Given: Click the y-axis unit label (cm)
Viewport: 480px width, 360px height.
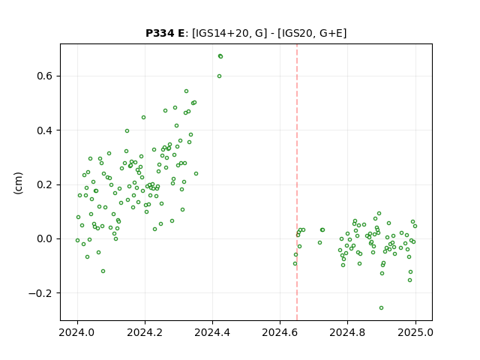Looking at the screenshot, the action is pos(18,183).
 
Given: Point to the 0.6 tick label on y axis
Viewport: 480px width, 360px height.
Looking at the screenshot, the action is pos(45,76).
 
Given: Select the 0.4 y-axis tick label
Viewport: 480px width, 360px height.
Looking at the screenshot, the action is pos(45,130).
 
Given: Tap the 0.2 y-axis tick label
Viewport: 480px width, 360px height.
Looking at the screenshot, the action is pos(45,184).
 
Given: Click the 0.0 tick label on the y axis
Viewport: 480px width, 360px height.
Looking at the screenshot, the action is pos(45,238).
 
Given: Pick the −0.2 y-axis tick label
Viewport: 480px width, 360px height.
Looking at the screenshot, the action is pos(40,293).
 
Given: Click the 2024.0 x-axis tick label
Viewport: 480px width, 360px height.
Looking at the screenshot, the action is pos(78,332).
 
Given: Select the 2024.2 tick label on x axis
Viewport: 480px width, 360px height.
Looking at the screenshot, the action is pos(145,332).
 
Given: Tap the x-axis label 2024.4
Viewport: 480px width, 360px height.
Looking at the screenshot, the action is pos(212,332).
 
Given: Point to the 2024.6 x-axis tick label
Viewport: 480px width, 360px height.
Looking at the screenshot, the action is pos(280,332).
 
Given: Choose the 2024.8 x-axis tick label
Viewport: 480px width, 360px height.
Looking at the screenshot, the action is pos(347,332).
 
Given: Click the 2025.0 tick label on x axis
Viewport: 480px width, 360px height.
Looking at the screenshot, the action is pos(415,332).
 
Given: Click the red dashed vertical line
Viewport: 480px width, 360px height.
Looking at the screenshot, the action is pos(297,182).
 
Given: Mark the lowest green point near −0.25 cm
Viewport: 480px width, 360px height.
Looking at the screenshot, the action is pos(382,308).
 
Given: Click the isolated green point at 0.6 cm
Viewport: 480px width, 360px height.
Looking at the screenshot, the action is pos(220,76).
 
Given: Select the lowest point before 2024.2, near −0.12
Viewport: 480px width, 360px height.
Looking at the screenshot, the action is pos(103,271).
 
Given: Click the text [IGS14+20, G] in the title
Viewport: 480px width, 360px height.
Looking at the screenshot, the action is pos(228,33).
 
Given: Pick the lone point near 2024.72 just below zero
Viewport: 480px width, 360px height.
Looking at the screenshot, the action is pos(320,243).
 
